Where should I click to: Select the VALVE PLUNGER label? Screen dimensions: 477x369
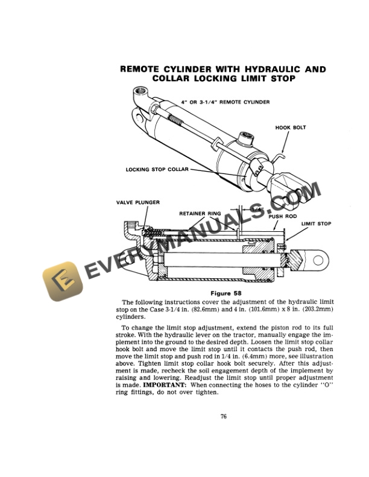coord(137,203)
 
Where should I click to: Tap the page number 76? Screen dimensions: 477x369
coord(223,415)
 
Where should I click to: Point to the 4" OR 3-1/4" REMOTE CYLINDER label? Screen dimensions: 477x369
coord(225,102)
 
